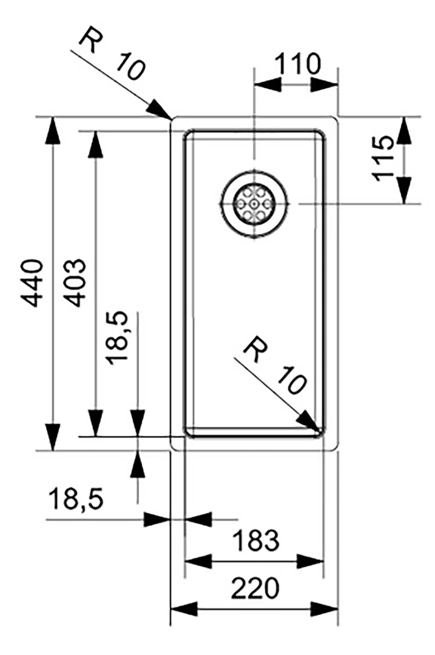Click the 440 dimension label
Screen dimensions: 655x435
32,283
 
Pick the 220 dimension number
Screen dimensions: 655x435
255,588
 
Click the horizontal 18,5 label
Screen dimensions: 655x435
76,499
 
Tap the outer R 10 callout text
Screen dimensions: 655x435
112,54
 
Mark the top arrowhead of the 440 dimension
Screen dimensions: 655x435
53,130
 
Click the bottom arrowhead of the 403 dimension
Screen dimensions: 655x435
95,423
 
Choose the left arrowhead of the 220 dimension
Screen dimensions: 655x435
184,609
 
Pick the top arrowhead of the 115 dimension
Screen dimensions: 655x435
404,130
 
